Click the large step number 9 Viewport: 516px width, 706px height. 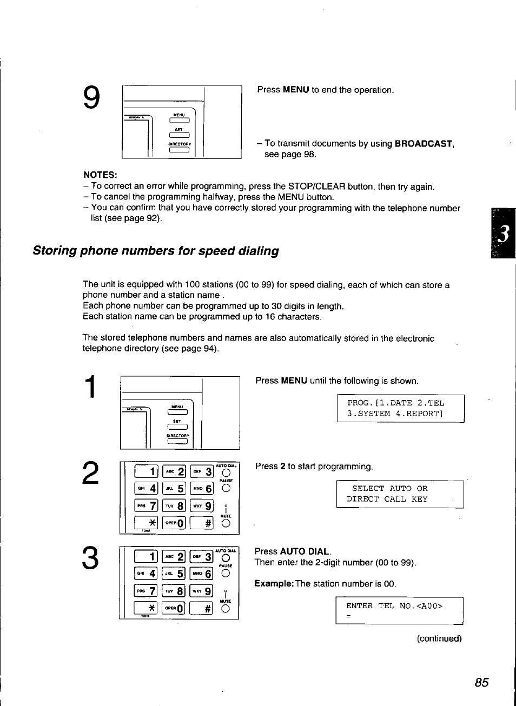point(91,98)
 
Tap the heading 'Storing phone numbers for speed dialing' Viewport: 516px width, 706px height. point(156,251)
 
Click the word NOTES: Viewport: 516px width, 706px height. point(100,175)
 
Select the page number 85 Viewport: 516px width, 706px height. point(481,682)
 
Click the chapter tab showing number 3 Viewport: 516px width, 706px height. point(503,234)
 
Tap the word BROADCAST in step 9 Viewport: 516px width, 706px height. point(424,144)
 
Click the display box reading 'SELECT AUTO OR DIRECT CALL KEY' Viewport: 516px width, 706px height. point(400,494)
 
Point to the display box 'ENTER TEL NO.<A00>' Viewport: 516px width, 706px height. point(399,610)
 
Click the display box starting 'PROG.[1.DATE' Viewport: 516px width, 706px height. point(400,408)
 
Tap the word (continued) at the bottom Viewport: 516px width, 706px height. point(439,638)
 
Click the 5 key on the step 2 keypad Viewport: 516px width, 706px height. point(174,489)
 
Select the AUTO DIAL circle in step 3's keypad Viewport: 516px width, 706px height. point(226,558)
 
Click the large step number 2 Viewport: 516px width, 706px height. point(91,473)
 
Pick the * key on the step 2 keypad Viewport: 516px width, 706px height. point(146,523)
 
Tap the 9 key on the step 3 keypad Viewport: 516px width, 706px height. point(201,591)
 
